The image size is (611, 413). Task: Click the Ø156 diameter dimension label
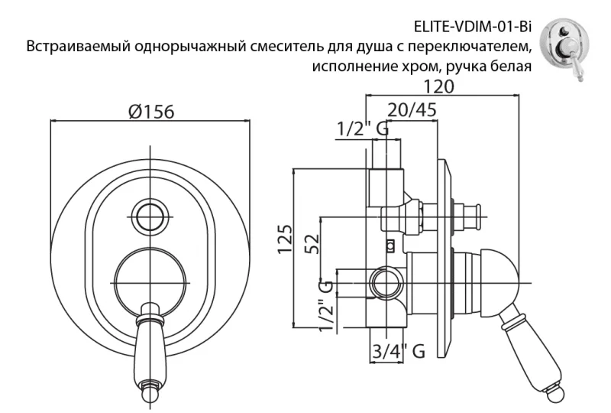pyautogui.click(x=151, y=112)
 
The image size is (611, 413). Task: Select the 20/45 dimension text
pyautogui.click(x=412, y=110)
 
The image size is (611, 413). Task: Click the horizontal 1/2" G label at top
pyautogui.click(x=362, y=130)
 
